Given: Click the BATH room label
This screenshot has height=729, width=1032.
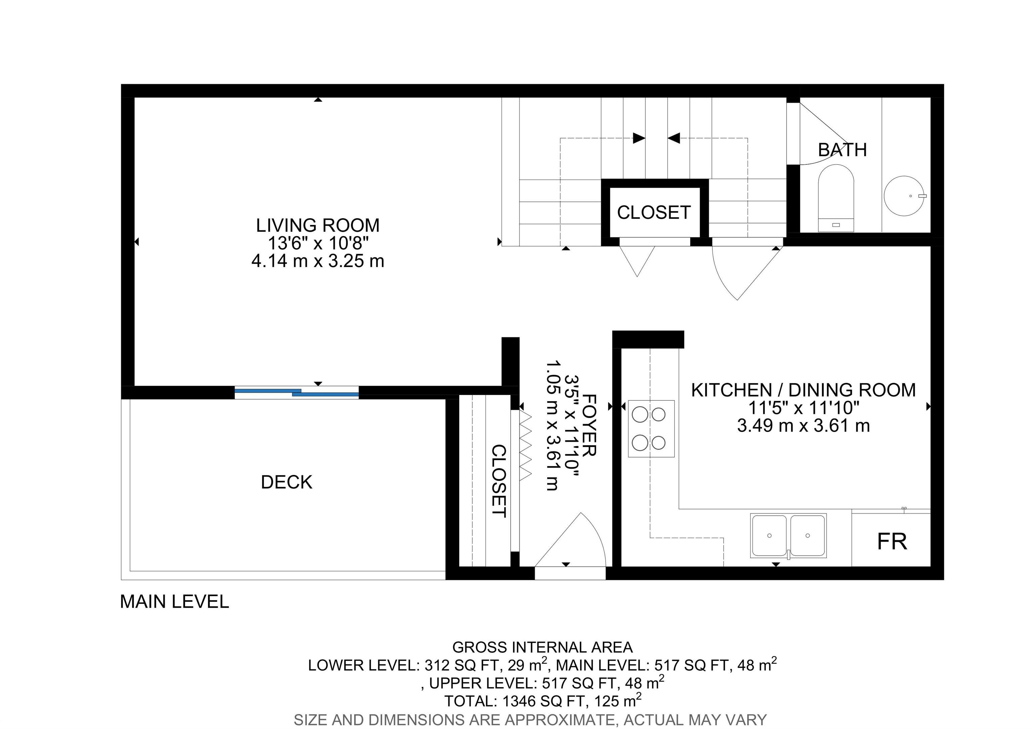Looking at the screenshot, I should [x=842, y=150].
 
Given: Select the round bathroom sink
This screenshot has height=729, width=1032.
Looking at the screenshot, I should [x=904, y=196].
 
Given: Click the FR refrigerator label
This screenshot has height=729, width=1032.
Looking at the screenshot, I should [x=892, y=542].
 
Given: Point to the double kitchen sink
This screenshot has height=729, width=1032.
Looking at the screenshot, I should [x=788, y=536].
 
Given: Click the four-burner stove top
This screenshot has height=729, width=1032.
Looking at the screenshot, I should [x=651, y=429].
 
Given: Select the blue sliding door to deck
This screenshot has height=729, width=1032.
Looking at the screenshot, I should [x=297, y=393].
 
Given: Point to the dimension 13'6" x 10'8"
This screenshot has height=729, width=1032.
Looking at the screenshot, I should [x=318, y=244].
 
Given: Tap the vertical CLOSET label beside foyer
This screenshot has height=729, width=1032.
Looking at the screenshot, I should [x=499, y=481].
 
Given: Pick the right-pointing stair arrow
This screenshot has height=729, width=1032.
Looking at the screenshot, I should [x=638, y=138].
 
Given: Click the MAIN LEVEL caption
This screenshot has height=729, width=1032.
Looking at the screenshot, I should [x=174, y=602].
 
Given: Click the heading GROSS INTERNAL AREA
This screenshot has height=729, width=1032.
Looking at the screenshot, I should [x=542, y=648].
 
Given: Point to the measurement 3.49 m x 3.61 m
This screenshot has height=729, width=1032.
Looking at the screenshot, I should [x=803, y=426].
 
